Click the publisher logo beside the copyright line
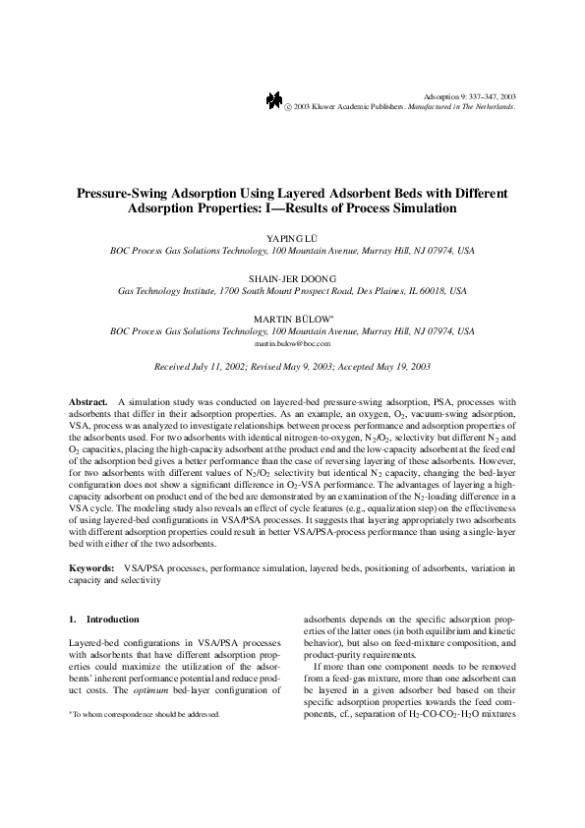point(272,99)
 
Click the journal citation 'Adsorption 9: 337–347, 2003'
point(469,95)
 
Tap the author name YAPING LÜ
point(292,239)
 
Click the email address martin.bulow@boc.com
point(292,345)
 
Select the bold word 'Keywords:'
point(92,568)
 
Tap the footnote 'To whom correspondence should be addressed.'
point(146,714)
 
